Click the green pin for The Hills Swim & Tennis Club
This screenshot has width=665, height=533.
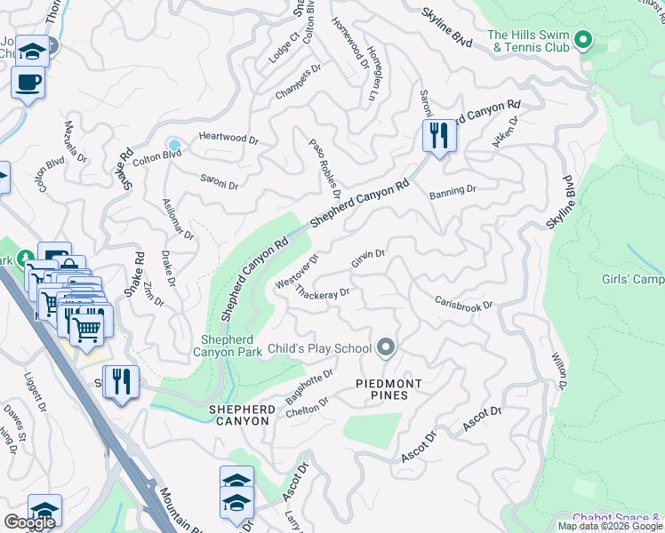coord(583,39)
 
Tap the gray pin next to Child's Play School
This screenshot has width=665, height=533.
coord(385,346)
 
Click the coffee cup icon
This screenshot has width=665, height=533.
coord(28,84)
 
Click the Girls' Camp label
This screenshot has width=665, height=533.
coord(634,280)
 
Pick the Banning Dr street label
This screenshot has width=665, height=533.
coord(453,190)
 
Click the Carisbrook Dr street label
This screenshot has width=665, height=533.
coord(463,301)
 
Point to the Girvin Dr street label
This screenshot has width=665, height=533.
coord(367,259)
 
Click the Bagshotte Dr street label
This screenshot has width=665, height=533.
coord(309,387)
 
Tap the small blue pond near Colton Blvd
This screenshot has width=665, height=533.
coord(174,145)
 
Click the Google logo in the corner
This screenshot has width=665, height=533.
coord(29,522)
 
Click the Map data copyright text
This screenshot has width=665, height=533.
coord(609,526)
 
